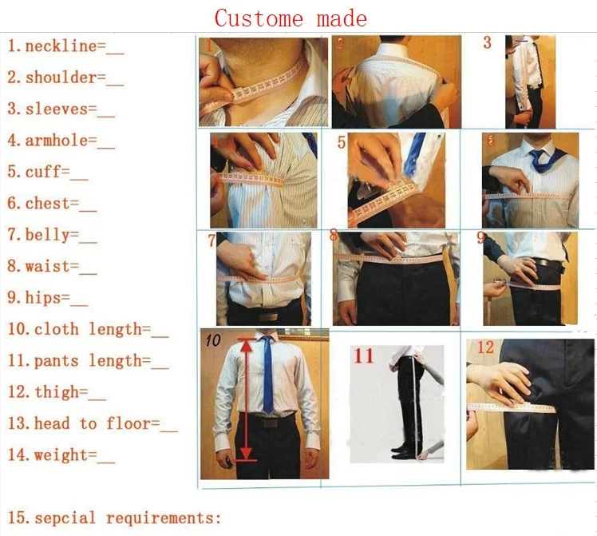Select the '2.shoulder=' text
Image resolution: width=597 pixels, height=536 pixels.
click(65, 77)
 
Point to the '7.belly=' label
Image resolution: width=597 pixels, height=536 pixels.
click(52, 235)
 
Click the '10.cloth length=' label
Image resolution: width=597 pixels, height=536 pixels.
click(88, 329)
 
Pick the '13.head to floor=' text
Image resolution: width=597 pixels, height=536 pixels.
click(93, 423)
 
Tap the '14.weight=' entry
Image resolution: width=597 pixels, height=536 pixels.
click(61, 455)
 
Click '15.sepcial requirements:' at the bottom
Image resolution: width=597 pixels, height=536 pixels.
click(114, 518)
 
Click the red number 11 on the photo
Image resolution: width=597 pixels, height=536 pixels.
click(364, 355)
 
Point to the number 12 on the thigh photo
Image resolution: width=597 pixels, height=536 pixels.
click(486, 348)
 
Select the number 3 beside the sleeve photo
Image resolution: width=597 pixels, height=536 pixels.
click(488, 43)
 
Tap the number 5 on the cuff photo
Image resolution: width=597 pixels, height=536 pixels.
click(342, 143)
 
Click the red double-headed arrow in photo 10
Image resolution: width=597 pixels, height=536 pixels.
click(246, 399)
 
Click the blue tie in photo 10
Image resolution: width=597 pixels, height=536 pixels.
click(267, 375)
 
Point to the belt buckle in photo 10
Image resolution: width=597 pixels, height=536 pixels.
click(269, 425)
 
